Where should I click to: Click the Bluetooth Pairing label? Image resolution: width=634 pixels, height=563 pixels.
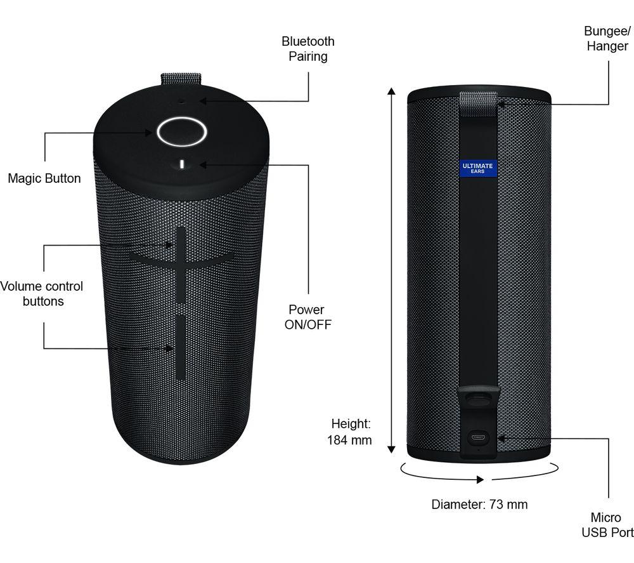click(308, 49)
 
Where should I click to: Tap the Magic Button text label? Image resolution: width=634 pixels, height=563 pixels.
click(44, 178)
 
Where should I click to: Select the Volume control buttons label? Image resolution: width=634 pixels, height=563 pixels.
click(42, 294)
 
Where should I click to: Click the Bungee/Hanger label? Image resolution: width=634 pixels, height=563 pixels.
click(607, 38)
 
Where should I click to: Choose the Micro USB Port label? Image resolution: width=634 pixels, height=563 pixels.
click(607, 525)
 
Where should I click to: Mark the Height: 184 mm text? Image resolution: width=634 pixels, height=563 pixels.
click(349, 431)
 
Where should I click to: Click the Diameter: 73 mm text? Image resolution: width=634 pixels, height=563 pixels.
click(479, 505)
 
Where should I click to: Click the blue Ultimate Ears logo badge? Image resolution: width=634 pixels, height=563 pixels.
click(477, 168)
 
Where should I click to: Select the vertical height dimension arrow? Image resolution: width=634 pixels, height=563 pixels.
click(392, 269)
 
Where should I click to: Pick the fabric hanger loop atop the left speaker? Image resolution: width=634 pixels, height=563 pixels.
click(181, 79)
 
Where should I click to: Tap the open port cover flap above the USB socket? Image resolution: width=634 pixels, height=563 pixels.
click(478, 399)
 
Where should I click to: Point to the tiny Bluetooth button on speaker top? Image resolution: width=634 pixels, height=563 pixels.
click(182, 100)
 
